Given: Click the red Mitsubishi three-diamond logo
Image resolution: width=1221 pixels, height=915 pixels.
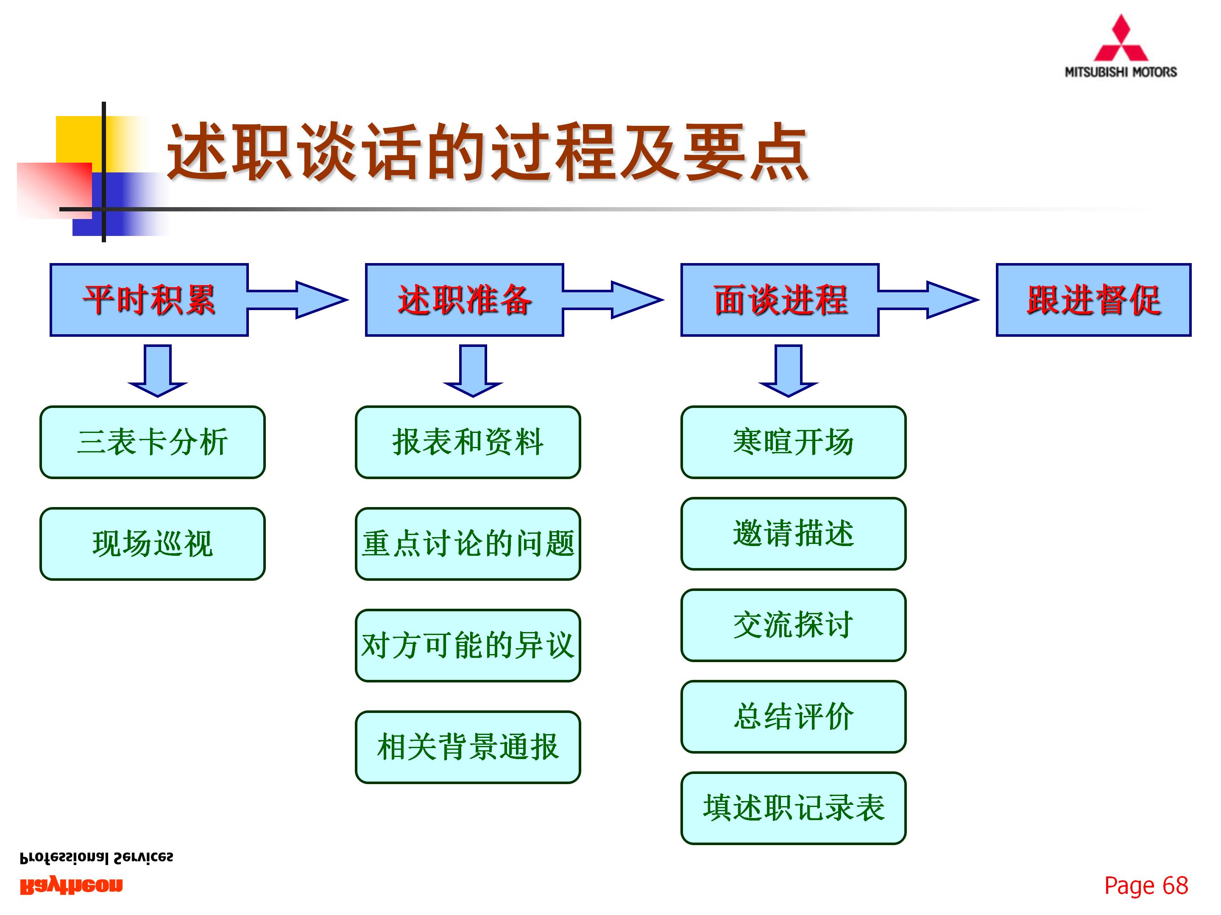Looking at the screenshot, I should coord(1121,39).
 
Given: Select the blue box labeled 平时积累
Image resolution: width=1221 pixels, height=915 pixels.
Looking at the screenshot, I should coord(149,300).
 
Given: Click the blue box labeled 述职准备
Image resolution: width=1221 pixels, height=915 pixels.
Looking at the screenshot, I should coord(464,300).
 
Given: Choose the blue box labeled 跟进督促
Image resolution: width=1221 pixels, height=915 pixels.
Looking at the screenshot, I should coord(1093,300).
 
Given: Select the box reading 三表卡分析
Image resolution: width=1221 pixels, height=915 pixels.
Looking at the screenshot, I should coord(152,442).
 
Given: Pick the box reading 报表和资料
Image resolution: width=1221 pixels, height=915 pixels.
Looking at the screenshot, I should coord(468,442).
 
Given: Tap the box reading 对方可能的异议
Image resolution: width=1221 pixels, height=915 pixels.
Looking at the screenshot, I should coord(468,645).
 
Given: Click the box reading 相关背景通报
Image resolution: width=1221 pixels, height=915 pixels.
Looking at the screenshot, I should coord(468,747).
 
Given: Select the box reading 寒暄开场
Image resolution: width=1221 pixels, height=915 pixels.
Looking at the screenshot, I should coord(793,442).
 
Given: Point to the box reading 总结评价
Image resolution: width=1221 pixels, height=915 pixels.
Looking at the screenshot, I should coord(793,716).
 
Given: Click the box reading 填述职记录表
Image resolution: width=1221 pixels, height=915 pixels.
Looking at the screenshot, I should coord(793,808).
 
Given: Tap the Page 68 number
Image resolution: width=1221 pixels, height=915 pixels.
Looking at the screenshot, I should coord(1146,886).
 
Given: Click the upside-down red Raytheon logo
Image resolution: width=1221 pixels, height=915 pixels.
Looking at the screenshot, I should coord(72,886).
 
